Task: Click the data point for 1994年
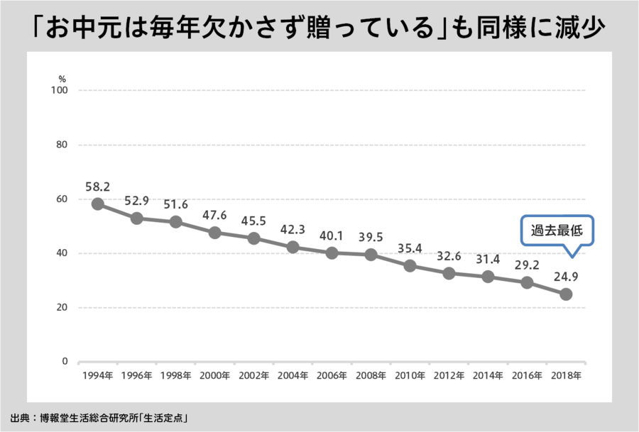point(98,204)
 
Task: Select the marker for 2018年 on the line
point(566,294)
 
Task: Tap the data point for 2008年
point(371,255)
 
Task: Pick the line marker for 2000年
point(215,233)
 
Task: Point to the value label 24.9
point(566,276)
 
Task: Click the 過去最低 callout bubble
point(557,231)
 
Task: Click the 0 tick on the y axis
point(64,362)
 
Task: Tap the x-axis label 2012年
point(449,375)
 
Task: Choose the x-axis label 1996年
point(137,375)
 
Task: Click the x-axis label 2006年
point(332,375)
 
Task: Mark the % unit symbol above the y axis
point(62,78)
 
